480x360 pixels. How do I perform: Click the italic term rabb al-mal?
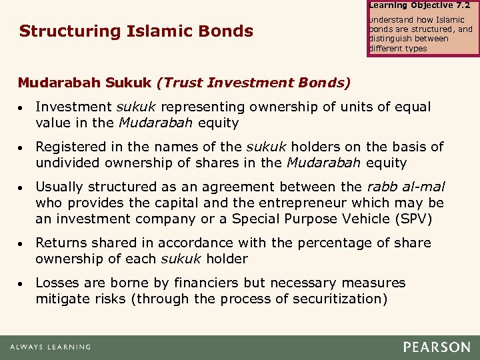[x=406, y=187]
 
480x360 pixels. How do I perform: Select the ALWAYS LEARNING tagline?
[x=50, y=347]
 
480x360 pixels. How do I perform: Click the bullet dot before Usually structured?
[x=22, y=187]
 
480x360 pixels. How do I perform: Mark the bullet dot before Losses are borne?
[x=22, y=283]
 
